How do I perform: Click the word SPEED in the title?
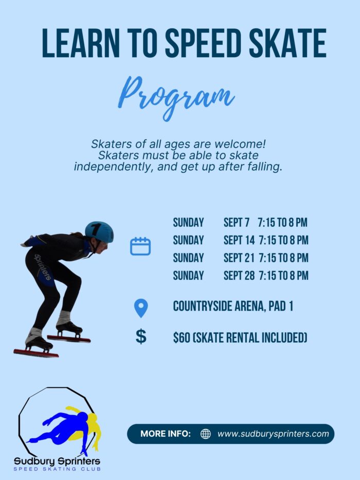(x=202, y=43)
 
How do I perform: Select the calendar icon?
(x=140, y=246)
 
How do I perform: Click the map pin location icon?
(x=141, y=308)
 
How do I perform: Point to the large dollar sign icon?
(x=141, y=336)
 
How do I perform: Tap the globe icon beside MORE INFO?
(x=205, y=434)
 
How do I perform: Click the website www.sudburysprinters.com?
(x=273, y=434)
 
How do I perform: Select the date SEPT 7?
(x=237, y=223)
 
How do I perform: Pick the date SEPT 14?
(x=239, y=240)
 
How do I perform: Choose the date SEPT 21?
(x=239, y=258)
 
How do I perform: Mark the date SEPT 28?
(x=239, y=276)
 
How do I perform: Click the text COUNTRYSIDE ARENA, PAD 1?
(x=233, y=306)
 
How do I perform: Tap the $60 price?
(x=182, y=337)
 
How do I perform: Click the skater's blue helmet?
(x=99, y=232)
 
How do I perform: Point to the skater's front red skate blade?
(x=36, y=353)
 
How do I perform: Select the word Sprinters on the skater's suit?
(x=43, y=267)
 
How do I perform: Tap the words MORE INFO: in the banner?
(x=166, y=434)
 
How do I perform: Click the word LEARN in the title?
(x=81, y=43)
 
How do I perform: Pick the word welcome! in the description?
(x=240, y=144)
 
